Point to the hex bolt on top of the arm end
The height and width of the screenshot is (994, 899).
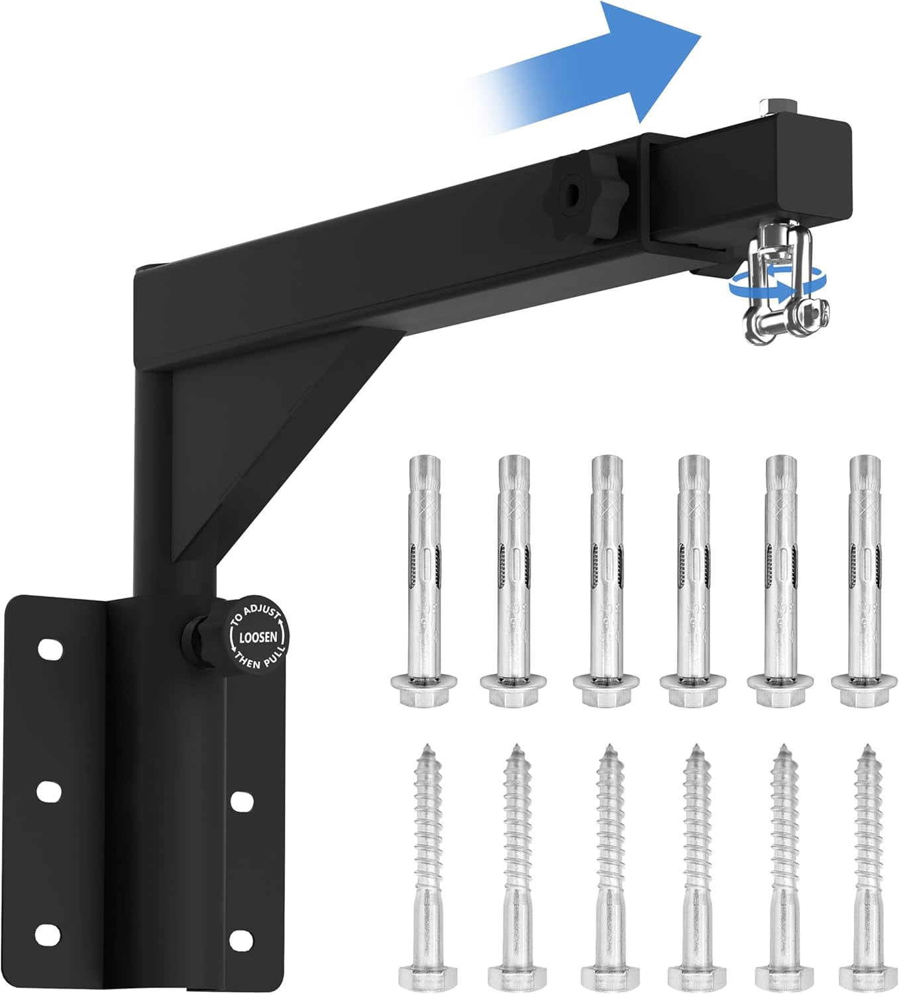pos(776,107)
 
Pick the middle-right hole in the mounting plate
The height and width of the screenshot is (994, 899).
pos(241,801)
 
